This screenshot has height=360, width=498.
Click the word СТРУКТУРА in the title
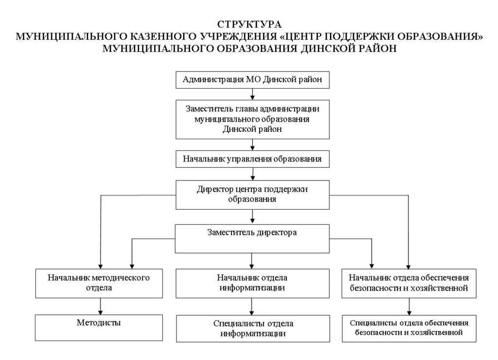tap(249, 24)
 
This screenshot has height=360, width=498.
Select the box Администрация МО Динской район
tap(252, 80)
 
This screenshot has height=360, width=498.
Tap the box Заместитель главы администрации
tap(252, 120)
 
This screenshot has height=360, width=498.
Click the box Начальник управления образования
tap(252, 159)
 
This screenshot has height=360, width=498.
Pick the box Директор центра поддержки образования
tap(252, 195)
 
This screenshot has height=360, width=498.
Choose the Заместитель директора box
tap(252, 239)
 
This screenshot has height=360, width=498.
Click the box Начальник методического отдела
tap(99, 284)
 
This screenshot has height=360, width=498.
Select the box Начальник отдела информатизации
tap(252, 284)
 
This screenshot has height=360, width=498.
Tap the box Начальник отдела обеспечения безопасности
tap(409, 284)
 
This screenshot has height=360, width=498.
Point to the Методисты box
tap(99, 327)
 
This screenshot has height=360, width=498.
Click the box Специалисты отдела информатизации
tap(253, 328)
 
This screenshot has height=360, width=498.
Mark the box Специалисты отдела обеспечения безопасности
tap(409, 328)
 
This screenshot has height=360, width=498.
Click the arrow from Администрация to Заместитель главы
tap(252, 94)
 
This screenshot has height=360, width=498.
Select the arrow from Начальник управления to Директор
tap(253, 174)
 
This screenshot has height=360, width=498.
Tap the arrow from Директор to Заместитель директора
tap(252, 216)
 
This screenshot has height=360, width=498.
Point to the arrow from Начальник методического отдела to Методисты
tap(100, 306)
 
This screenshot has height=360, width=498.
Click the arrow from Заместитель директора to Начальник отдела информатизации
tap(252, 261)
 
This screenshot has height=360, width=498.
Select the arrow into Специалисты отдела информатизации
tap(252, 306)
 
